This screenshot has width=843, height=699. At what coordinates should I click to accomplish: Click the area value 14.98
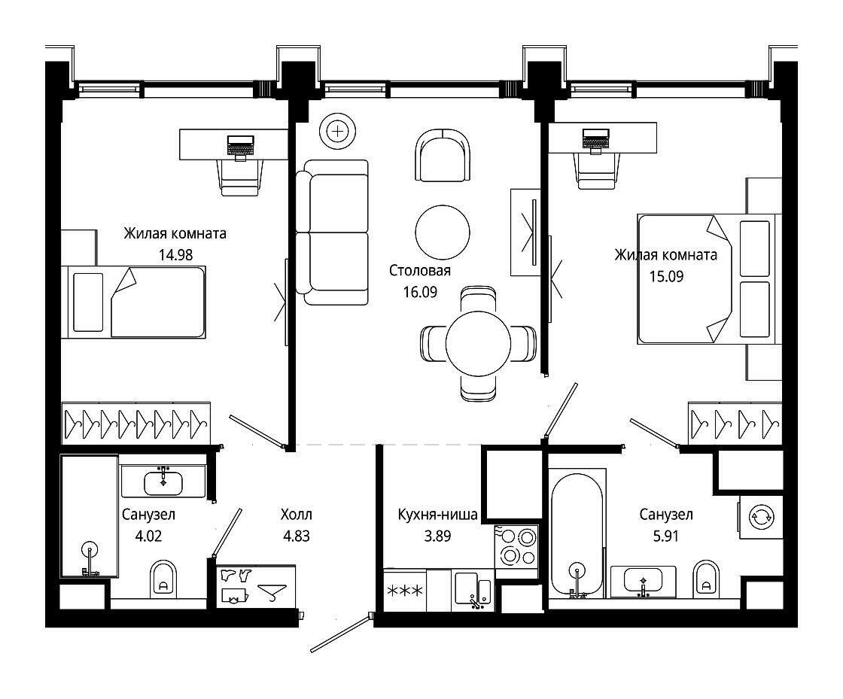pos(175,254)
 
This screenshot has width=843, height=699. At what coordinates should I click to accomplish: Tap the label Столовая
pos(420,270)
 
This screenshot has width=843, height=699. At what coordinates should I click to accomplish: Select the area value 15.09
pos(666,276)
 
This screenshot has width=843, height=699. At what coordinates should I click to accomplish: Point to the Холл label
pos(297,514)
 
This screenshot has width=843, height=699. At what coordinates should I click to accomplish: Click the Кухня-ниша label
pos(437,515)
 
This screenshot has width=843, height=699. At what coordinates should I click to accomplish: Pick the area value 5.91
pos(665,536)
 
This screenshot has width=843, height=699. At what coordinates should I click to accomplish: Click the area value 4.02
pos(148,536)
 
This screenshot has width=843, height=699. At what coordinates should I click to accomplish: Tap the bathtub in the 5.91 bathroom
pos(577,533)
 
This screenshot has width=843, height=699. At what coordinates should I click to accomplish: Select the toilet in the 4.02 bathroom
pos(163,578)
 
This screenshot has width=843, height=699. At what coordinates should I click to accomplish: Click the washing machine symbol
pos(761,518)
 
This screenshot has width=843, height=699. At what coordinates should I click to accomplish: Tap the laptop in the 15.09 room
pos(595,140)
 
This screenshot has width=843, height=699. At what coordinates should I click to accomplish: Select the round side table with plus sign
pos(337,131)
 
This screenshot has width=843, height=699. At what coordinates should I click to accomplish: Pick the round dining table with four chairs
pos(478,343)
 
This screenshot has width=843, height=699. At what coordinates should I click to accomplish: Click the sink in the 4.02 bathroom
pos(163,482)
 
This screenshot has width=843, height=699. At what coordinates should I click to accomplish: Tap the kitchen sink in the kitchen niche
pos(473,591)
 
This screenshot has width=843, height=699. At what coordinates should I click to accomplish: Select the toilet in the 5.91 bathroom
pos(707,578)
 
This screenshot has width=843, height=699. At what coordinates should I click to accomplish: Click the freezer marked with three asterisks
pos(405,591)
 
